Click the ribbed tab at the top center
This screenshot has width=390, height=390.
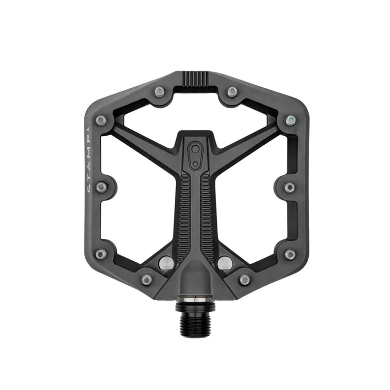point(195,78)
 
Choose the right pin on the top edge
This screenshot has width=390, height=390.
point(232,91)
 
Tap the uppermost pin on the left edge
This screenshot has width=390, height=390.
point(101,120)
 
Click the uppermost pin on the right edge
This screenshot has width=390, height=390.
point(290,120)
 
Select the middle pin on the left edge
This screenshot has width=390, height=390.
point(101,187)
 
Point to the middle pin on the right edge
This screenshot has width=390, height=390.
point(289,187)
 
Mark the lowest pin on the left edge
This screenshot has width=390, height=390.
point(101,254)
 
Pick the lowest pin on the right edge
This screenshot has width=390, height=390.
point(290,254)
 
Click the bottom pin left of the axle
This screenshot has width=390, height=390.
point(146,280)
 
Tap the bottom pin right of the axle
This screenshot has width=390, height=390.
point(244,280)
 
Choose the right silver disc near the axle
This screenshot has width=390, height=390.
point(226,263)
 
